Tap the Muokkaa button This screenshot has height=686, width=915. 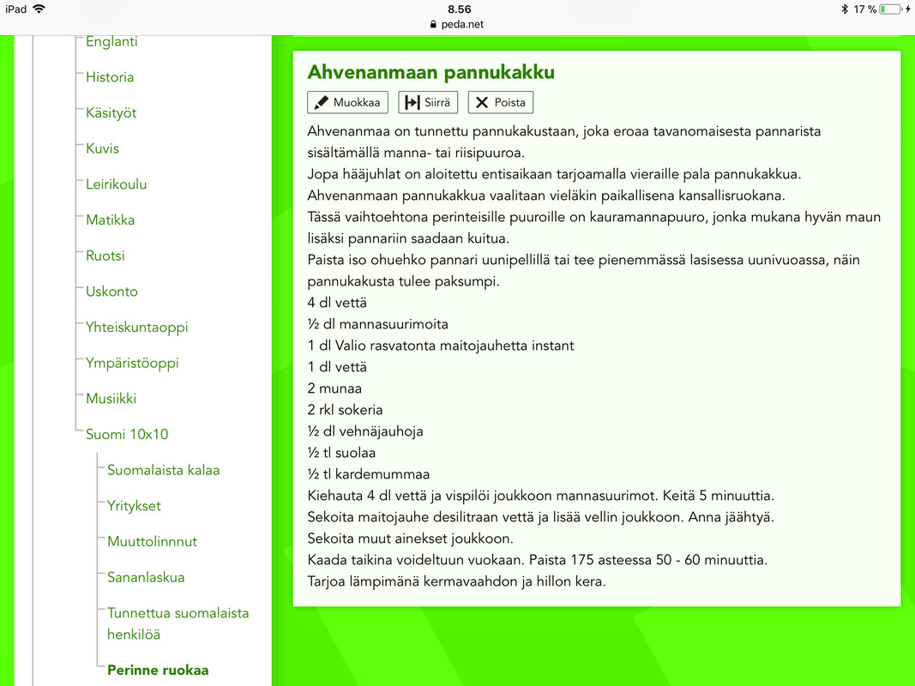(x=347, y=103)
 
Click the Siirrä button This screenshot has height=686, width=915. (x=428, y=103)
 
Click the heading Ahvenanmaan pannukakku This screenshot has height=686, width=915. (x=431, y=71)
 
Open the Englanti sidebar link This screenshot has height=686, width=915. (x=111, y=41)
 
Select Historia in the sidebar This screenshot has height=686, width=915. (x=110, y=77)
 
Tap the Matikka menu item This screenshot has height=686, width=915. (x=110, y=220)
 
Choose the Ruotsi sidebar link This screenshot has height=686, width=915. (x=105, y=256)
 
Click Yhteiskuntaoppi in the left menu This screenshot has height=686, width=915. (x=136, y=328)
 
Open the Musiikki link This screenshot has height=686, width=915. (x=111, y=399)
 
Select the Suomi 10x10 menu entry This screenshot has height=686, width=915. (x=127, y=435)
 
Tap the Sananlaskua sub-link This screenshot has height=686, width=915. (x=146, y=577)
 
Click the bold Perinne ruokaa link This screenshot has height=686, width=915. (x=158, y=671)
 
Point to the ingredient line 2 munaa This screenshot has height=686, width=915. (x=334, y=388)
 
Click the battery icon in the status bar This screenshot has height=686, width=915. (x=890, y=9)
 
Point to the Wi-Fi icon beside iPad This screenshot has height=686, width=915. (x=39, y=9)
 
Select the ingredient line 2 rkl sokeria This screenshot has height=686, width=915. (x=345, y=410)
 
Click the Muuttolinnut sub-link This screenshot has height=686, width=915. (x=152, y=542)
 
